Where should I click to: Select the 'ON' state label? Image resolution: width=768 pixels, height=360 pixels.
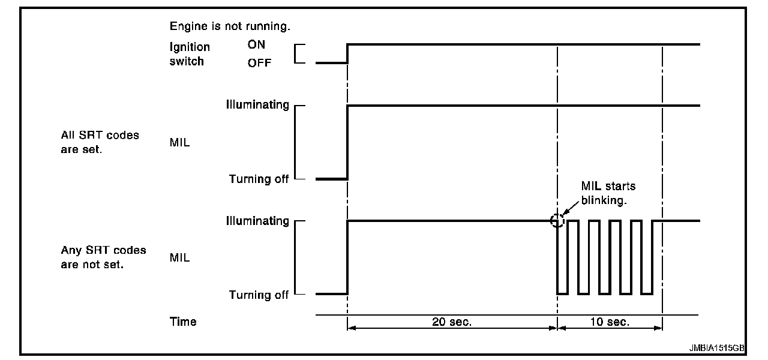[x=256, y=45]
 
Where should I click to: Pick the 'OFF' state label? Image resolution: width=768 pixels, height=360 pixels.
[x=259, y=64]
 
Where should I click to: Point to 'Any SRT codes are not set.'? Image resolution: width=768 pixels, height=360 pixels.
[x=103, y=257]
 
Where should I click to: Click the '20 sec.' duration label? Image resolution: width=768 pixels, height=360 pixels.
[x=452, y=322]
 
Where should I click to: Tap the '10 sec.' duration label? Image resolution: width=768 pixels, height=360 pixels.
[x=610, y=322]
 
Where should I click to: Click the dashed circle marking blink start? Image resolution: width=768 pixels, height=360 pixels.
[x=557, y=221]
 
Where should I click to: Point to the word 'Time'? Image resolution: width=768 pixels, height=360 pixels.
[x=183, y=322]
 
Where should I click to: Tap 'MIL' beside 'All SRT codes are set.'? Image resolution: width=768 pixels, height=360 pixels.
[x=179, y=143]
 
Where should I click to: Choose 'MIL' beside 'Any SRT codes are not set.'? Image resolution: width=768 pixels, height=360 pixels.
[x=179, y=258]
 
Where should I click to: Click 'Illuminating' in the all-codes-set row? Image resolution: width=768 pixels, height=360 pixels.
[x=257, y=106]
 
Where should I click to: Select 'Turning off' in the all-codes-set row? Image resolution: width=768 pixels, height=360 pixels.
[x=259, y=179]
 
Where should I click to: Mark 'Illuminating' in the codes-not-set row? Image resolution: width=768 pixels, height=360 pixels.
[x=257, y=221]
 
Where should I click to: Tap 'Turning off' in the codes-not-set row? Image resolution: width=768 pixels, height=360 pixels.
[x=259, y=295]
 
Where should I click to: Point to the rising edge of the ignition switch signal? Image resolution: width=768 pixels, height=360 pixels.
[x=347, y=53]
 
